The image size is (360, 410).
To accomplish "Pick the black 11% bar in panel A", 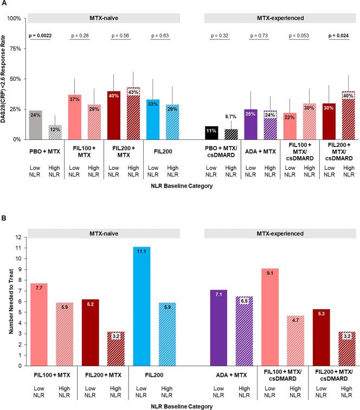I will coord(211,133).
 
